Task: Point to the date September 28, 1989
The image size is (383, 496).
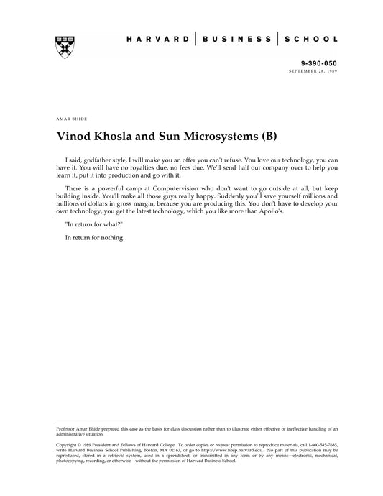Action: coord(313,72)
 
